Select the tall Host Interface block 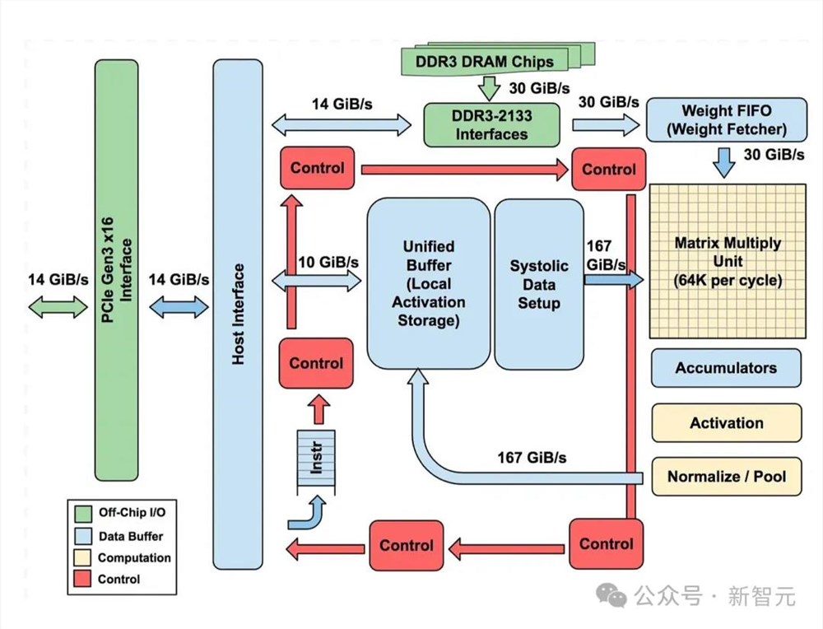pyautogui.click(x=238, y=314)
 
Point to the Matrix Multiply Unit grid pyautogui.click(x=726, y=262)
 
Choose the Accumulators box pyautogui.click(x=726, y=368)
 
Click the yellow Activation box pyautogui.click(x=726, y=423)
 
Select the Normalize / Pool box pyautogui.click(x=726, y=476)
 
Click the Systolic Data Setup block pyautogui.click(x=539, y=284)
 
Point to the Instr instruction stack pyautogui.click(x=316, y=462)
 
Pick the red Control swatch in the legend pyautogui.click(x=82, y=579)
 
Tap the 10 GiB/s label pyautogui.click(x=329, y=262)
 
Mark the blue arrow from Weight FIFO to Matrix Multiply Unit pyautogui.click(x=724, y=162)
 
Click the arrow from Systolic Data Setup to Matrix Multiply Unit pyautogui.click(x=613, y=281)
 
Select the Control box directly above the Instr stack pyautogui.click(x=316, y=363)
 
